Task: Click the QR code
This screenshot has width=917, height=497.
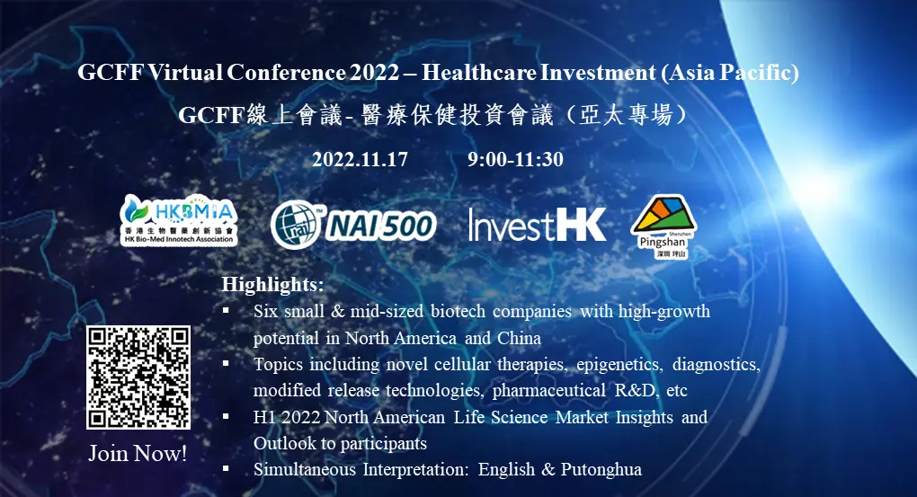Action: [138, 377]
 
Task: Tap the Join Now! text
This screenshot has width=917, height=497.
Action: [138, 453]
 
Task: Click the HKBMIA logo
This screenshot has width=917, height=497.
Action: [179, 219]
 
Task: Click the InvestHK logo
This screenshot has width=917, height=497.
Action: [537, 224]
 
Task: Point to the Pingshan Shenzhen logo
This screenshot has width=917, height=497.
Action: [663, 226]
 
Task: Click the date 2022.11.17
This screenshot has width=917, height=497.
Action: [360, 160]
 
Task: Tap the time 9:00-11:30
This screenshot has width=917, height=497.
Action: [515, 160]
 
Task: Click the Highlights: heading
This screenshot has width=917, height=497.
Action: [272, 285]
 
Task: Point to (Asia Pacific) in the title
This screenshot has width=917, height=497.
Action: [730, 73]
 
